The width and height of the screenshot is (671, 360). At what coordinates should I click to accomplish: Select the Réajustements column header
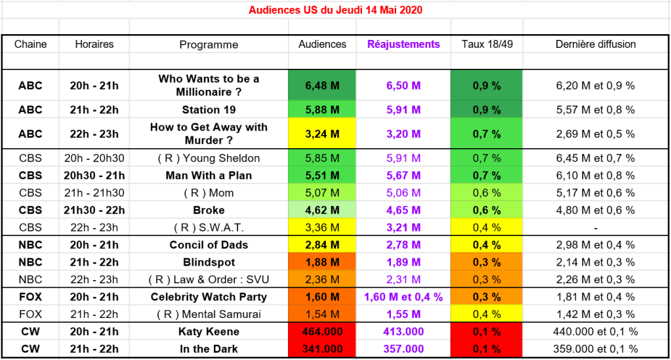[x=403, y=45]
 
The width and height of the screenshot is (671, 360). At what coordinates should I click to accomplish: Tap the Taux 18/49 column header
[x=486, y=45]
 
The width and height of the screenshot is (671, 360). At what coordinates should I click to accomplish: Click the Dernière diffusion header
[x=596, y=45]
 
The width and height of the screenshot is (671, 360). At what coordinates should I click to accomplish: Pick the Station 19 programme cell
[x=209, y=110]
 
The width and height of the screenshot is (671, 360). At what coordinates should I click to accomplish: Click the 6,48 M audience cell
[x=322, y=85]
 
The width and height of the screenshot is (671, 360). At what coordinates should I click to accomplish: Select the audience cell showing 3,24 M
[x=322, y=134]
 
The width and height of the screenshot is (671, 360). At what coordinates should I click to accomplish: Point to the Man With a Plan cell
[x=209, y=175]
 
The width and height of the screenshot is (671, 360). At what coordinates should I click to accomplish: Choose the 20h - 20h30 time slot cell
[x=94, y=158]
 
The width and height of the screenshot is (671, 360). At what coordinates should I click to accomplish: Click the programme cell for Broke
[x=209, y=210]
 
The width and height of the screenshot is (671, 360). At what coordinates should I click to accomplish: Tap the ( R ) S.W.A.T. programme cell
[x=209, y=228]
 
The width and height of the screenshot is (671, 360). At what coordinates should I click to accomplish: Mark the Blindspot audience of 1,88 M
[x=322, y=262]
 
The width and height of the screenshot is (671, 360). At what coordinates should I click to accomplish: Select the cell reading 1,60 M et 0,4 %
[x=403, y=297]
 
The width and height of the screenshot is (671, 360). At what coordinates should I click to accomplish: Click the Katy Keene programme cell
[x=209, y=332]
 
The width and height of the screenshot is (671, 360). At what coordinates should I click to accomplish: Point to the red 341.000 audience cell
[x=322, y=349]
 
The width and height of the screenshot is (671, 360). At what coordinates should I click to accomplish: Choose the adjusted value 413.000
[x=403, y=332]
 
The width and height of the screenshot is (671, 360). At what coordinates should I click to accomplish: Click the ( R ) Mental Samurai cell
[x=209, y=314]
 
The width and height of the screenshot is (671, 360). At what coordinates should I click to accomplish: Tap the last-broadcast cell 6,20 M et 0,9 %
[x=596, y=85]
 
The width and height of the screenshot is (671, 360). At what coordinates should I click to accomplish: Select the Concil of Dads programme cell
[x=209, y=245]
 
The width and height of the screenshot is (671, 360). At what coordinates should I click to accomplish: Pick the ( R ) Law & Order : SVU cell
[x=209, y=279]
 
